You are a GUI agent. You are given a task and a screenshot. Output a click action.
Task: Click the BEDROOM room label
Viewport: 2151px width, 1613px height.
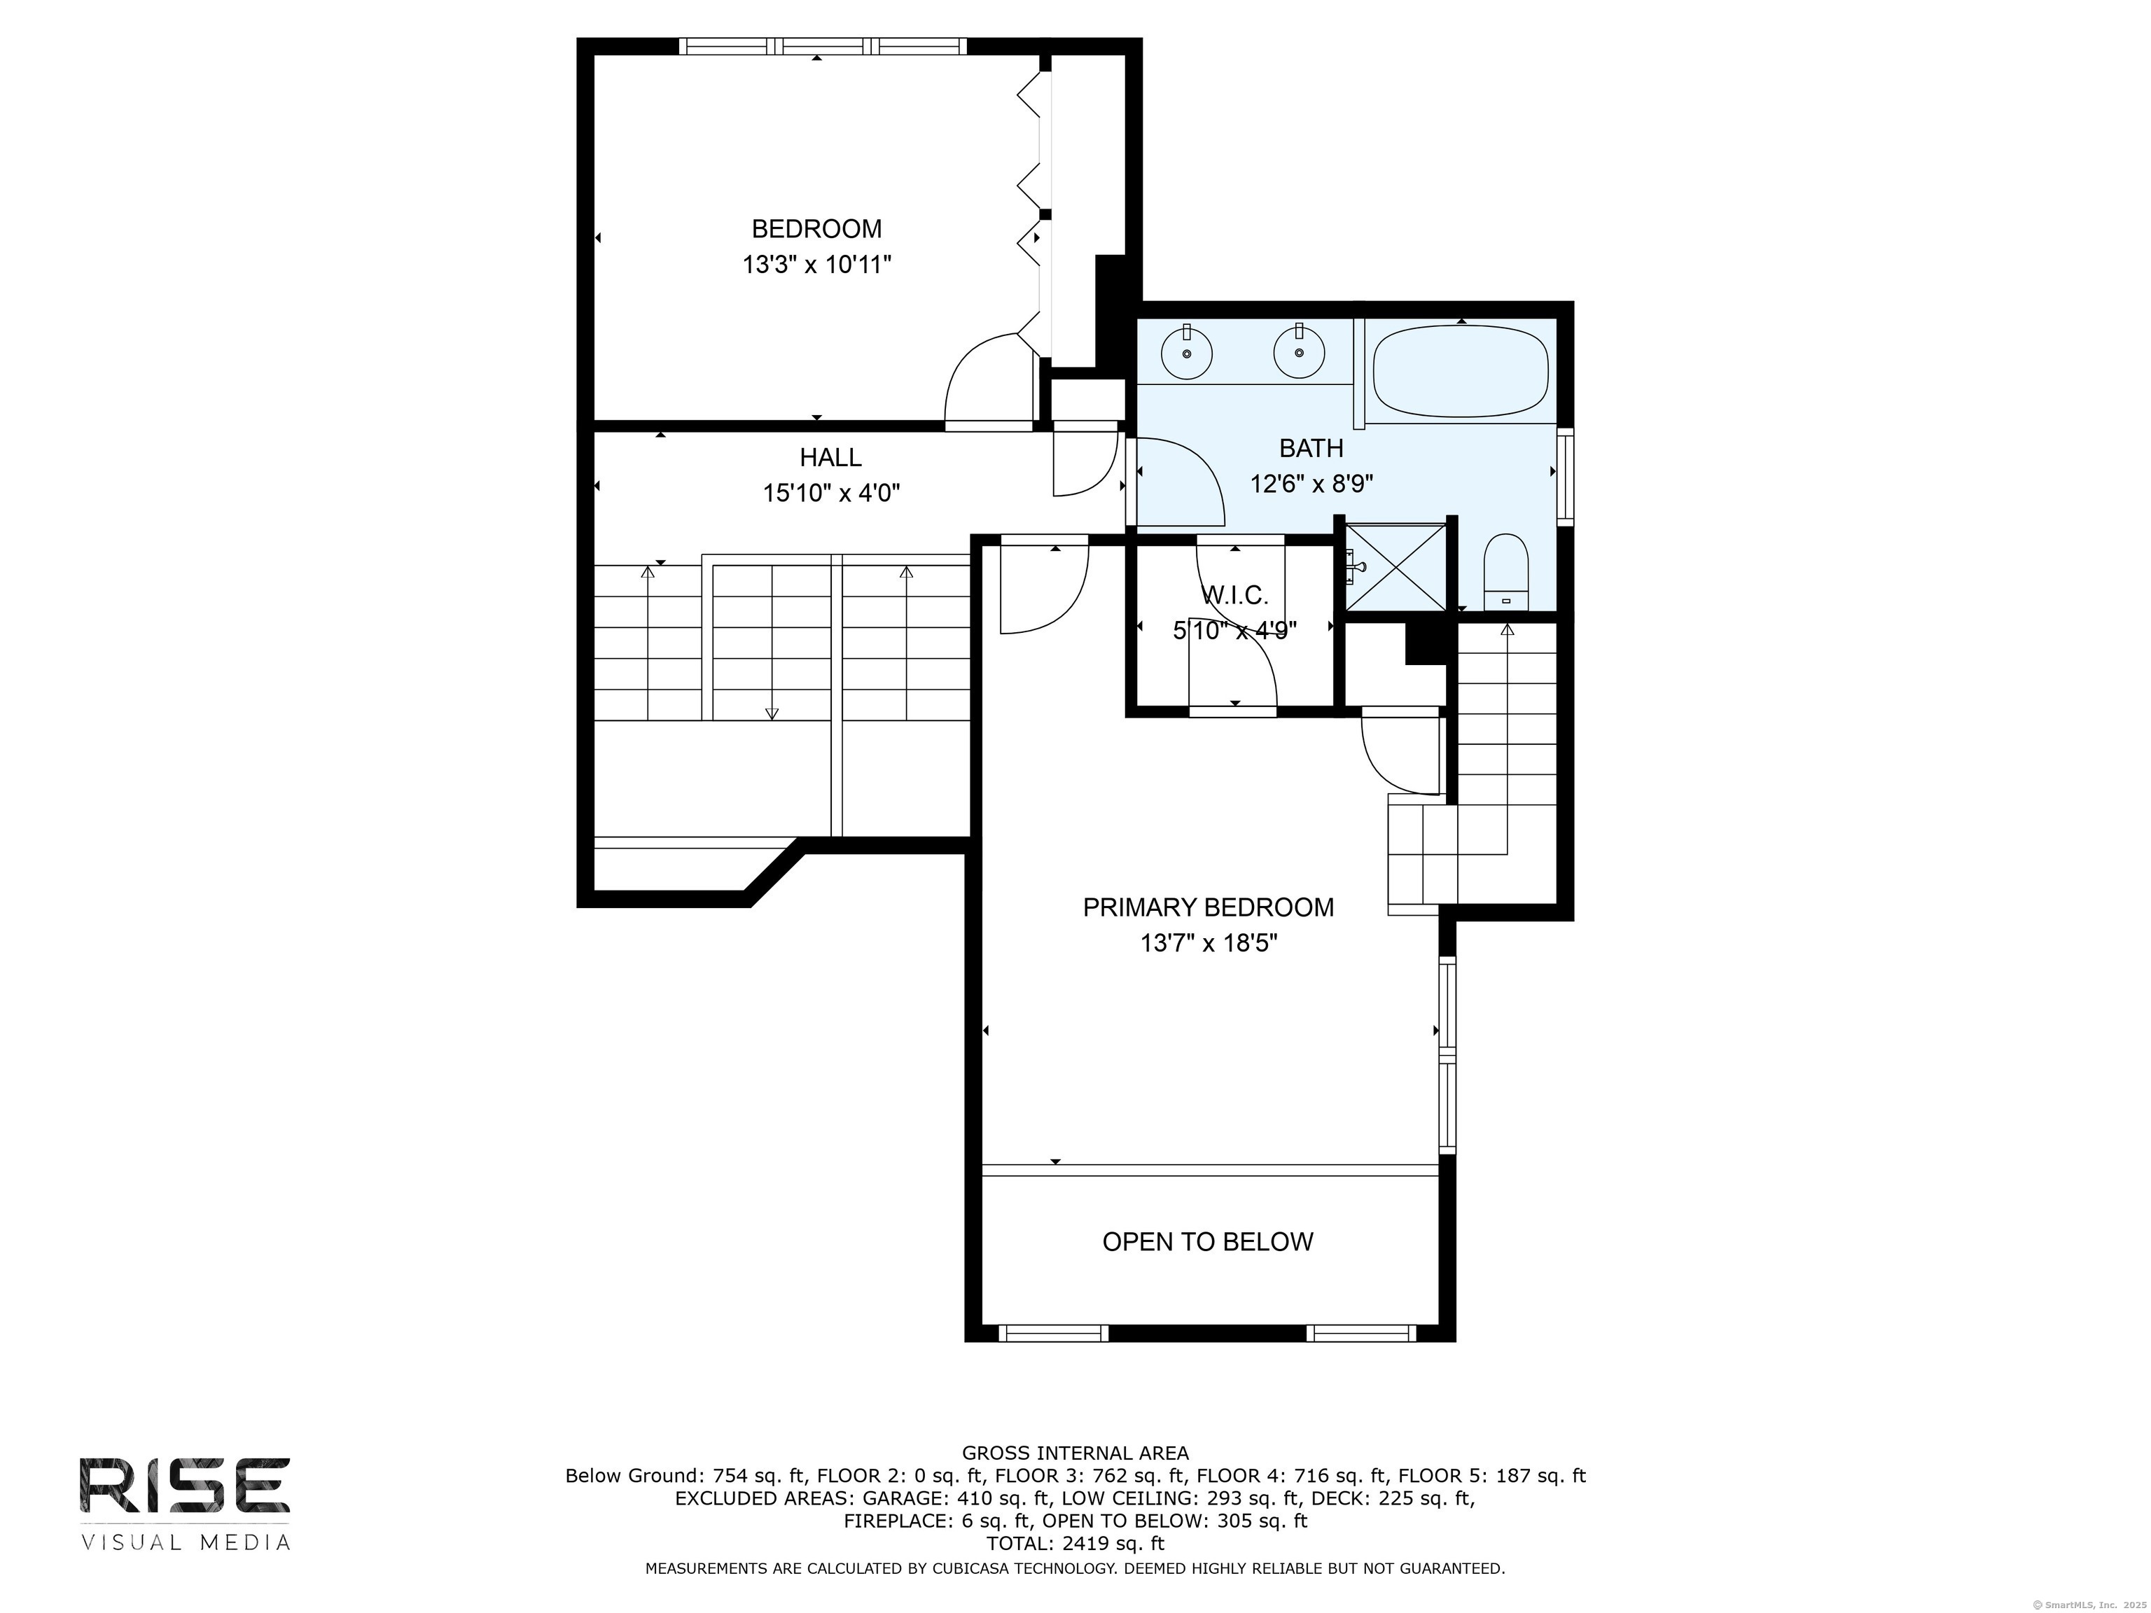pyautogui.click(x=817, y=228)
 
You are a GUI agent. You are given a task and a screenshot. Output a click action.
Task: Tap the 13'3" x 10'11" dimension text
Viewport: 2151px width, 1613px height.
pyautogui.click(x=817, y=265)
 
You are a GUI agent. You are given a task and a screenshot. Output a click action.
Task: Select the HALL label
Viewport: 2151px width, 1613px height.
pyautogui.click(x=830, y=457)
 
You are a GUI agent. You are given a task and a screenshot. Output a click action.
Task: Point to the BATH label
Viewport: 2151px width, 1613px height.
pyautogui.click(x=1311, y=448)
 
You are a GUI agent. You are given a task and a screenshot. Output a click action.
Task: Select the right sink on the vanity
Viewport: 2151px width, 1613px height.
pyautogui.click(x=1299, y=352)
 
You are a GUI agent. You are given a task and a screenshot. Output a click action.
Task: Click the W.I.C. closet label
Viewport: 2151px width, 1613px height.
pyautogui.click(x=1235, y=595)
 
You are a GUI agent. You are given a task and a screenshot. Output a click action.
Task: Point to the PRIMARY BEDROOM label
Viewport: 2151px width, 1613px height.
pyautogui.click(x=1208, y=907)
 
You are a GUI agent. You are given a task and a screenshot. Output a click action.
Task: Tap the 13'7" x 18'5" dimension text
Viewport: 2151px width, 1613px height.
pyautogui.click(x=1209, y=943)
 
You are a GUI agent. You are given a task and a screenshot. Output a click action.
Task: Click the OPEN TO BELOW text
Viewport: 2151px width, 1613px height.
pyautogui.click(x=1208, y=1241)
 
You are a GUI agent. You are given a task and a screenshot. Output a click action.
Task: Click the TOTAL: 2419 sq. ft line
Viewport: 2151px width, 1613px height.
pyautogui.click(x=1075, y=1543)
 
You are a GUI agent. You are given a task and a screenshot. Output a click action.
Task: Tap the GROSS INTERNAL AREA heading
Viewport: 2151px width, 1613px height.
pyautogui.click(x=1075, y=1453)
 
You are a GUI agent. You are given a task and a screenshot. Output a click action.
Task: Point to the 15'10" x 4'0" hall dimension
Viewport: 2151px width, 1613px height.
pyautogui.click(x=831, y=493)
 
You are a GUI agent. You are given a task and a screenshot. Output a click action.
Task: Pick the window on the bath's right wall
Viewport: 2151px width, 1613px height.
pyautogui.click(x=1566, y=477)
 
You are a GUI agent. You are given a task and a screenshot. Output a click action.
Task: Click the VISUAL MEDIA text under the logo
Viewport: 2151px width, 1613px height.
pyautogui.click(x=186, y=1542)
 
